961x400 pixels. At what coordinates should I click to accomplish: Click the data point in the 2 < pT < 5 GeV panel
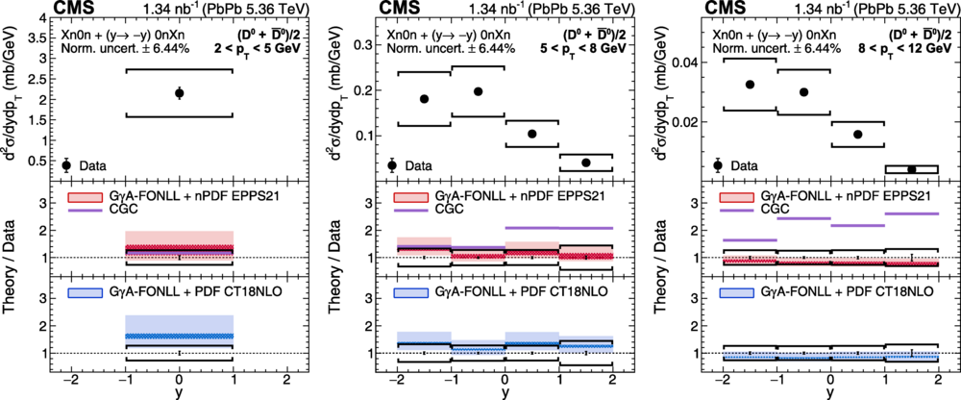[x=179, y=93]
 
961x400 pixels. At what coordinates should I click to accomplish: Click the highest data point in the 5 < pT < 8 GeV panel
[x=478, y=91]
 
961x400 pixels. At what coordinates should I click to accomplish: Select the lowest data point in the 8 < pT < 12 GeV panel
[x=911, y=169]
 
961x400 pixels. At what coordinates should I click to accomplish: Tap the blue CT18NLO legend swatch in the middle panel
[x=408, y=289]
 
